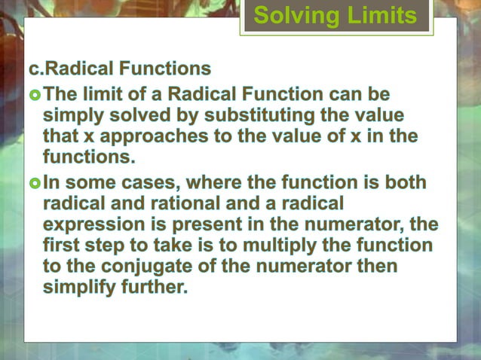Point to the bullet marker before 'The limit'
click(35, 96)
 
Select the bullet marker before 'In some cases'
click(35, 183)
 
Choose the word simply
click(72, 117)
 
